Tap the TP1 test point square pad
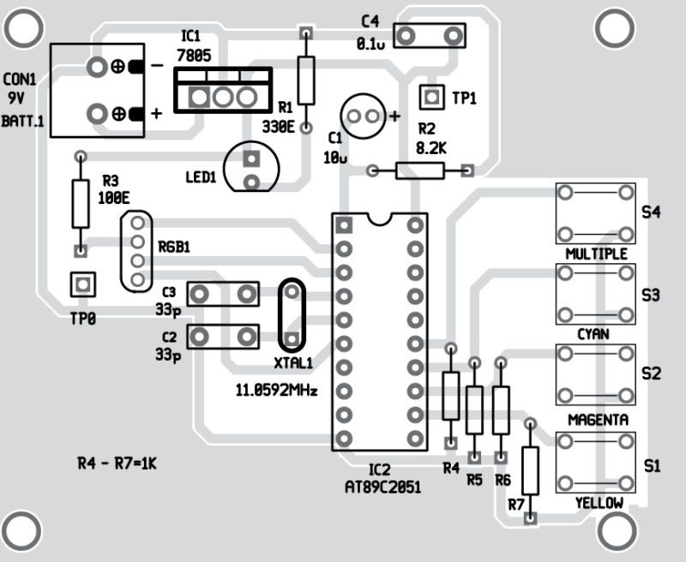tap(430, 95)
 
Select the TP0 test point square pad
tap(83, 284)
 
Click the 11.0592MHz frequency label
tap(276, 390)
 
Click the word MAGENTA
tap(598, 421)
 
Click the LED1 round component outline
tap(251, 170)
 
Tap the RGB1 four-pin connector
tap(135, 252)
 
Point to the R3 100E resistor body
tap(80, 202)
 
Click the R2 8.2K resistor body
tap(420, 170)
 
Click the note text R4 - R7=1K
tap(117, 463)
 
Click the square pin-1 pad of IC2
tap(345, 225)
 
